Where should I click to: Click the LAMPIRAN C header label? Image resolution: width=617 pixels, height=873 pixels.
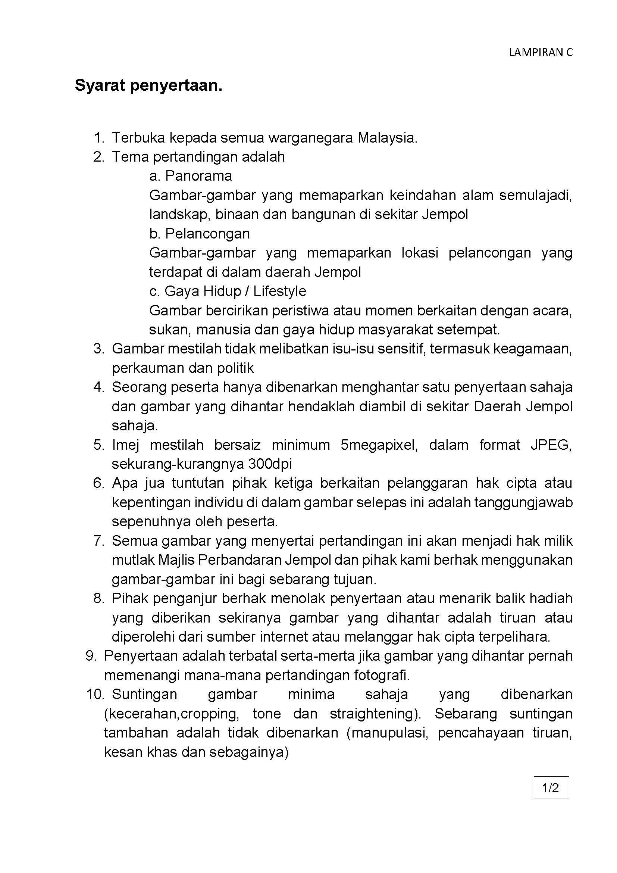click(x=540, y=53)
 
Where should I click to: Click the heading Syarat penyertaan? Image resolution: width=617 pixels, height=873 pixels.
click(x=148, y=85)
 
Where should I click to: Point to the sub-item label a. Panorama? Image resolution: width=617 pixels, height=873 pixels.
click(x=190, y=176)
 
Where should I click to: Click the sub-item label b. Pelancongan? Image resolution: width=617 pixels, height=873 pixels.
click(x=200, y=233)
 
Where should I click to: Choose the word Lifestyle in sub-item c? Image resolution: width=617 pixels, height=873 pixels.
click(x=280, y=291)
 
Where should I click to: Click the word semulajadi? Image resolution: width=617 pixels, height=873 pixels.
click(x=535, y=195)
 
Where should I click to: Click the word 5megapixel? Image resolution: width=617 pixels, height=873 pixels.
click(x=379, y=445)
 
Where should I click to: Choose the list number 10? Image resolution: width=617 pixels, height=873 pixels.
click(x=95, y=694)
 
